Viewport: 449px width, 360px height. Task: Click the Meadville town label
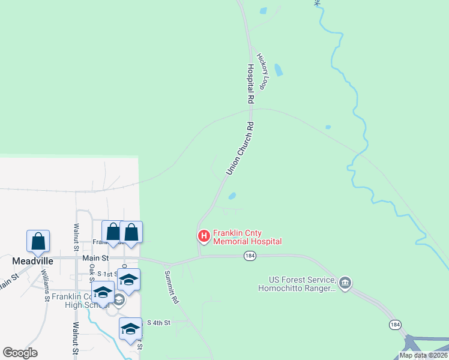point(33,261)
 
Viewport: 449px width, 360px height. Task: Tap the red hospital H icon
point(203,237)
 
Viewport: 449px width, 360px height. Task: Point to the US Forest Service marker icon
point(345,283)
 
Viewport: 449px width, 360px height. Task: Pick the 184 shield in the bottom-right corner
point(394,325)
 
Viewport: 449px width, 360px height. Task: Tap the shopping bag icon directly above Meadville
point(38,241)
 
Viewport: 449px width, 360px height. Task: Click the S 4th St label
point(158,323)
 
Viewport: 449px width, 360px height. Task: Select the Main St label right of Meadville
point(95,258)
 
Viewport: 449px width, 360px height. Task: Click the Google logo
point(20,353)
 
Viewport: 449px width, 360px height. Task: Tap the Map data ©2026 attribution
point(423,355)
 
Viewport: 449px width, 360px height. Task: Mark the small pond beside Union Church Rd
point(232,196)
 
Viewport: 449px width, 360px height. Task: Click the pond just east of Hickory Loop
point(279,69)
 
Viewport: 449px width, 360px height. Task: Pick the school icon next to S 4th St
point(130,329)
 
